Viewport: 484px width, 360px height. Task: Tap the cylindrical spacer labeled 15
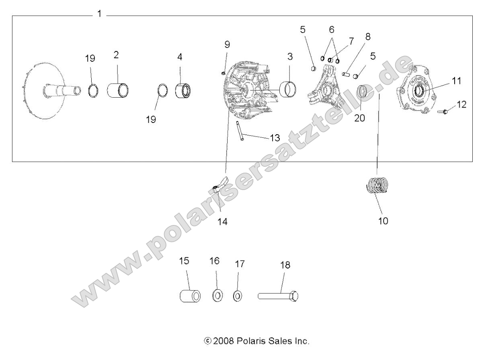click(189, 297)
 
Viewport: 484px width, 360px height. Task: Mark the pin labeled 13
click(240, 131)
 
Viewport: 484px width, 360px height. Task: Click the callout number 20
click(360, 119)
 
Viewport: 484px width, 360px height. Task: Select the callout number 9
click(227, 44)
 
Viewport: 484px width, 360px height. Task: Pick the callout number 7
click(351, 41)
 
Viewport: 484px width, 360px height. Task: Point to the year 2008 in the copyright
click(222, 342)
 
